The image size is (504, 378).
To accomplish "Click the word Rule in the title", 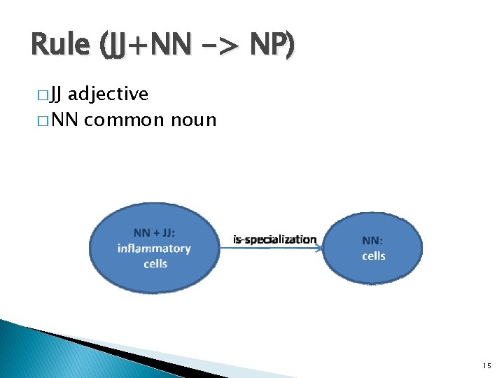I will point(60,45).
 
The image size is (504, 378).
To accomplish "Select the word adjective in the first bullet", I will point(108,93).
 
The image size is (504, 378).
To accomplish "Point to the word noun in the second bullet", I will point(193,120).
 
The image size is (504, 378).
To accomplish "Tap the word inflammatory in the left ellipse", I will point(154,248).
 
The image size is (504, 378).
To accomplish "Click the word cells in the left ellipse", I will point(155,264).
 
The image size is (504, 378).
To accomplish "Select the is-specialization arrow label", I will point(274,239).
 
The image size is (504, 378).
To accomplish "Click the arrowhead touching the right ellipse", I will point(319,247).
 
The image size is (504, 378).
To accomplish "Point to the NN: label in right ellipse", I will point(372,240).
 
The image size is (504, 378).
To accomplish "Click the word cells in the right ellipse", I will point(373,255).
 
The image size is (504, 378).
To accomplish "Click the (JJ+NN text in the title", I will point(143,45).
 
